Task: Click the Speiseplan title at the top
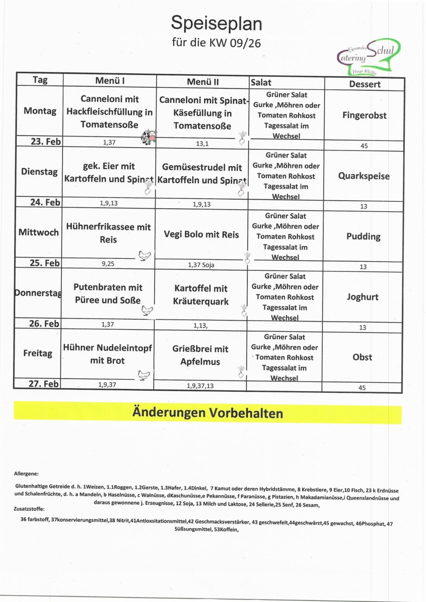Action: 216,23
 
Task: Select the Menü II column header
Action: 203,82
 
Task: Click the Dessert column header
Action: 365,84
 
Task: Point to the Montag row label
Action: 40,111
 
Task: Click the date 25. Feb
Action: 45,263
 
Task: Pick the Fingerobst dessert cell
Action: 364,115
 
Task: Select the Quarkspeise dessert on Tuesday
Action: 364,176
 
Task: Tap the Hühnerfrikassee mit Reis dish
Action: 108,233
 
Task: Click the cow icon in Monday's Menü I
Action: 149,136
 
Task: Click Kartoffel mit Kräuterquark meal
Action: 201,295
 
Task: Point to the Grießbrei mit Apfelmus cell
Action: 201,355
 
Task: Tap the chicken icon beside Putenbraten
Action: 147,311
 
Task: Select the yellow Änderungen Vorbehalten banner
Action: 208,413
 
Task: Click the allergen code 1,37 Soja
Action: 202,264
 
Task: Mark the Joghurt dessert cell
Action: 362,296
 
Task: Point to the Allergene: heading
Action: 27,473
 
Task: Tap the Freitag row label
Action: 38,353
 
